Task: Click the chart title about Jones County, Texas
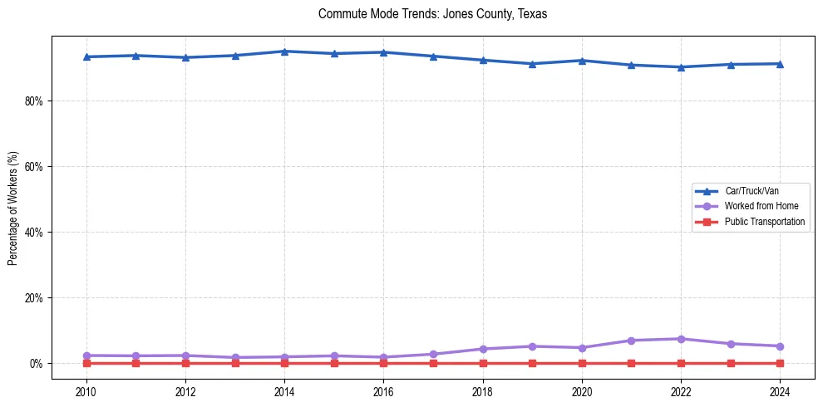click(x=432, y=15)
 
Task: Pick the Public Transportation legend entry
click(x=764, y=222)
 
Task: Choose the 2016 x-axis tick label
click(x=383, y=391)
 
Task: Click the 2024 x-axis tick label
click(x=780, y=391)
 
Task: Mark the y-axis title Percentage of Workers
click(x=12, y=208)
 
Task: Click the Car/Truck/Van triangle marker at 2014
click(x=284, y=51)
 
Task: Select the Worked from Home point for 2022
click(x=681, y=339)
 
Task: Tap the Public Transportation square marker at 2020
click(x=582, y=363)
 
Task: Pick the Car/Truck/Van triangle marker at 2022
click(x=681, y=67)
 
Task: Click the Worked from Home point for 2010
click(x=86, y=356)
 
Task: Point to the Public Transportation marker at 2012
click(x=185, y=363)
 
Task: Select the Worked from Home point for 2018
click(x=483, y=349)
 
